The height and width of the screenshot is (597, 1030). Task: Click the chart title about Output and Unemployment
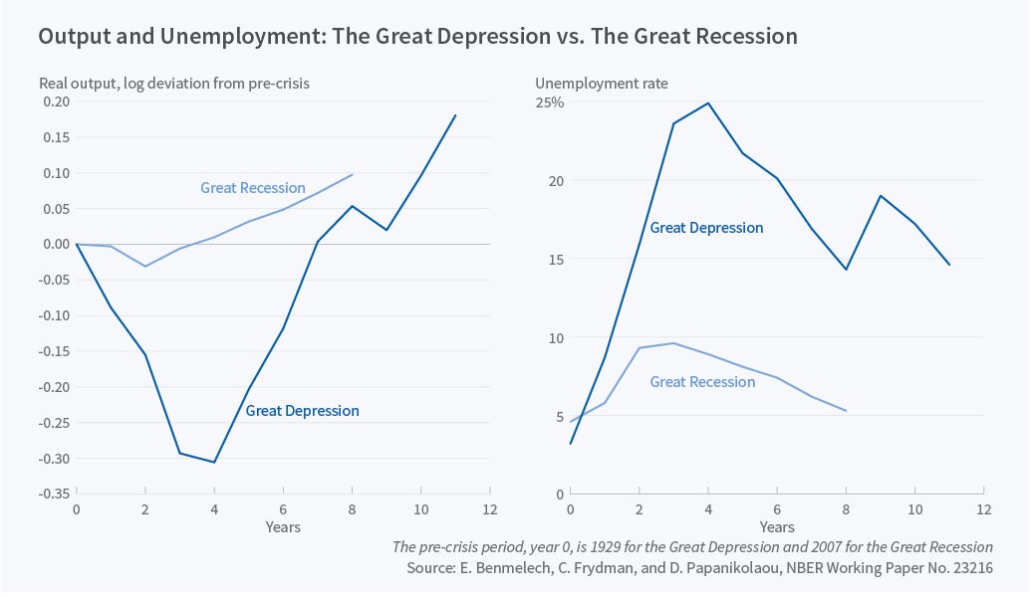point(417,37)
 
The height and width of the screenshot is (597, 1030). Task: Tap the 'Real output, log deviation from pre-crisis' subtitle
point(174,84)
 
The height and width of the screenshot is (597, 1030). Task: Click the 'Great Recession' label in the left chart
point(252,188)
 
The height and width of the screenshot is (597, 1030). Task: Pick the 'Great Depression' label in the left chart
point(302,410)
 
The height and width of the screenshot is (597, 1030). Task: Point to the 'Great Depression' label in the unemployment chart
point(706,228)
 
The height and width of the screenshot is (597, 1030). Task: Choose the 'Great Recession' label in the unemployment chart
point(702,382)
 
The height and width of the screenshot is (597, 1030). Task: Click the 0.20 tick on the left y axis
point(57,101)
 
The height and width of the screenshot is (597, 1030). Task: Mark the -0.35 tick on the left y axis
point(55,494)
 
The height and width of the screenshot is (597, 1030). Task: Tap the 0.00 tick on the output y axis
point(57,245)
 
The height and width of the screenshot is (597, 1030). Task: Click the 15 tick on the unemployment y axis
point(556,260)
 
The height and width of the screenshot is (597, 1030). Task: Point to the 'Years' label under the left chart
point(283,526)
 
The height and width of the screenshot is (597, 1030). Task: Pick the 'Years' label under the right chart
point(777,526)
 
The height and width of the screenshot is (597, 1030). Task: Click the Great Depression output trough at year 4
point(214,462)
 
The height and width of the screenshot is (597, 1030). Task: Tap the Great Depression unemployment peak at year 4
point(708,102)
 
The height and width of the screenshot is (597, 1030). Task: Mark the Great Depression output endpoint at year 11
point(455,115)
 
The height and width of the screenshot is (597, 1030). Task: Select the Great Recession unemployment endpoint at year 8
point(846,411)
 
